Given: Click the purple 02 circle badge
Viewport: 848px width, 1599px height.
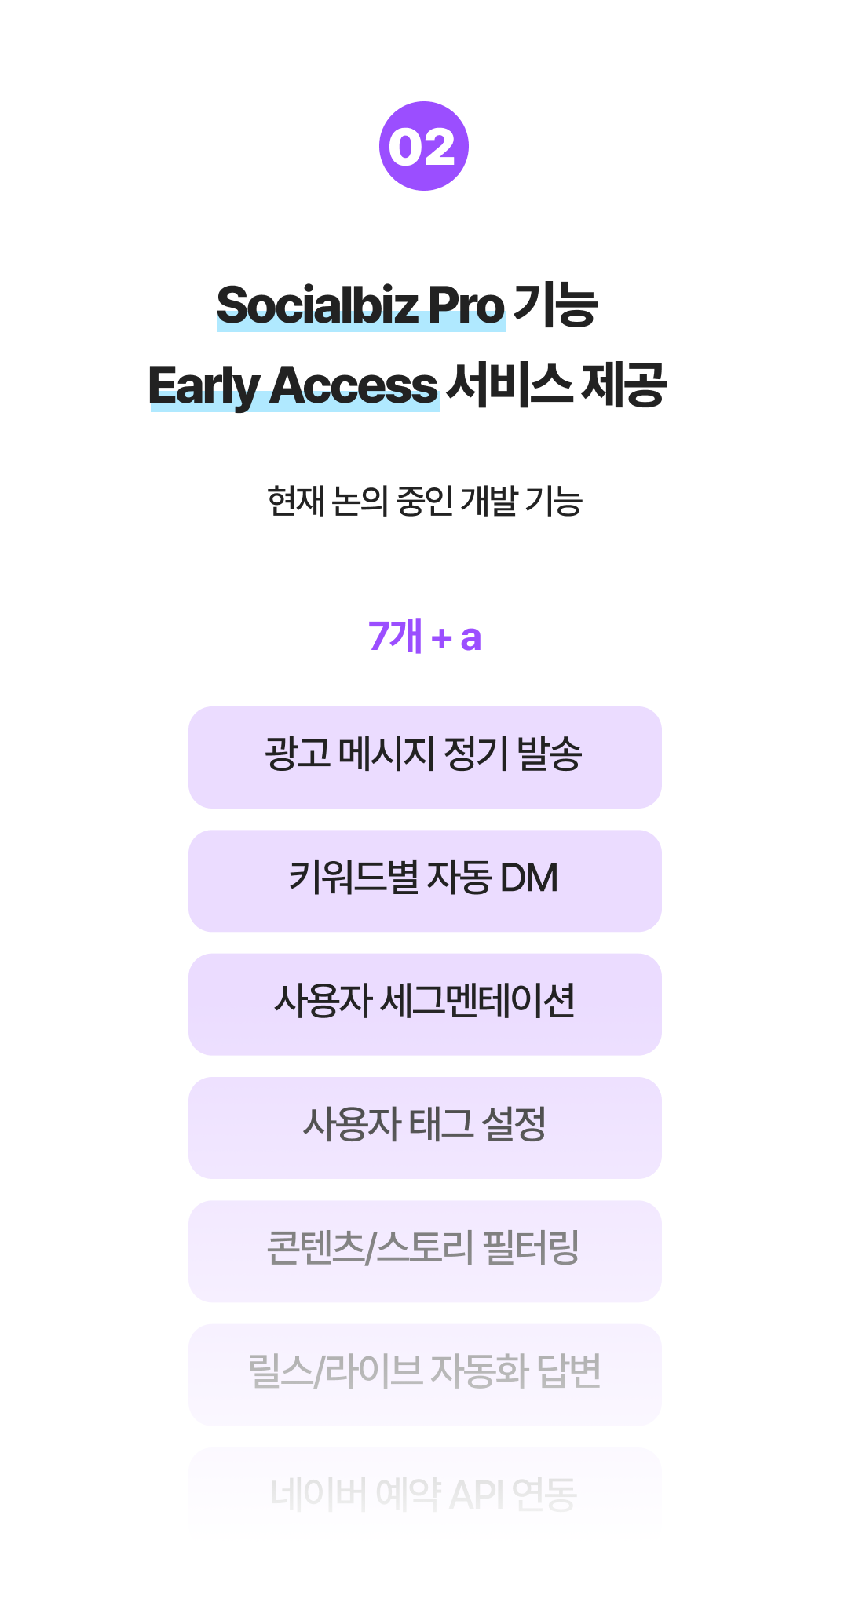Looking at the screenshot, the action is pos(424,146).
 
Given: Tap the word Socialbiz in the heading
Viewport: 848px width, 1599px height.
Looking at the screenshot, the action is pos(317,305).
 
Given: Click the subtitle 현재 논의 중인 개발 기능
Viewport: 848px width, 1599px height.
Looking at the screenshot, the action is pos(425,501).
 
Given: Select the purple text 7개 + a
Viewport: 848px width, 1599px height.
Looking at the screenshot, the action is pos(425,636).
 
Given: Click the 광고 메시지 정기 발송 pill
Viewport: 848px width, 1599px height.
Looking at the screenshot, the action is pos(425,758).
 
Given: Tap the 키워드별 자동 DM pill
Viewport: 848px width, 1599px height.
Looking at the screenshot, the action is pos(425,881).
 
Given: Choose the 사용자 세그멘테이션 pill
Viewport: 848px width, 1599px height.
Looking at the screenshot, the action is pos(425,1004).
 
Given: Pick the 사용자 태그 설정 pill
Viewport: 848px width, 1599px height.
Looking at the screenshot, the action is pos(425,1128).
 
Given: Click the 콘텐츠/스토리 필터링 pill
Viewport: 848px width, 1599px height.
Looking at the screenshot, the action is pos(425,1251).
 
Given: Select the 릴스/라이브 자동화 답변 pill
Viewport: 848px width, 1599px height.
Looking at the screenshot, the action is pos(425,1374).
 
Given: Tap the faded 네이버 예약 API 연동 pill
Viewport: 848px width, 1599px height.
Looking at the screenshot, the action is pos(425,1494).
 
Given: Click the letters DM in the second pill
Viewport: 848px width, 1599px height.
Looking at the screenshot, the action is pos(529,878).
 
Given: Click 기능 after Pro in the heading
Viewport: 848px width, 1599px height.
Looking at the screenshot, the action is pos(556,305).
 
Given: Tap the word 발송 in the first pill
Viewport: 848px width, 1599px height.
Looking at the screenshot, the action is pos(550,754).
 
